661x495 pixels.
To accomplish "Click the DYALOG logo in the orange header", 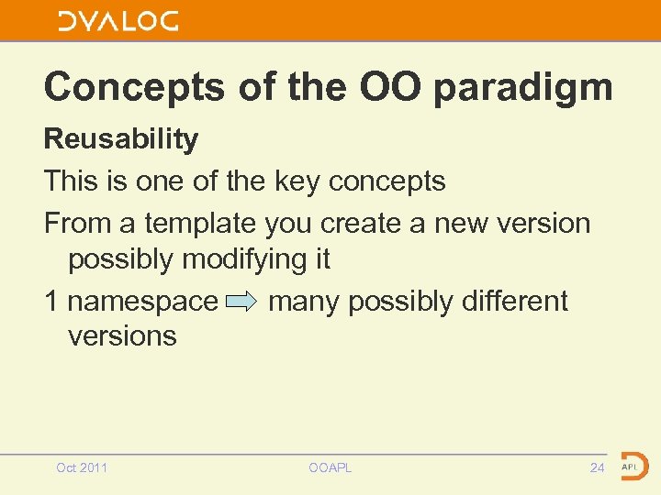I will [x=118, y=21].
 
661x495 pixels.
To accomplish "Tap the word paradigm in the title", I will [x=521, y=88].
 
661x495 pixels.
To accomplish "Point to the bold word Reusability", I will [x=121, y=139].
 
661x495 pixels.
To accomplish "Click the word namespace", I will [x=143, y=301].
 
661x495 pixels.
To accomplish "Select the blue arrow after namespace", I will [x=242, y=302].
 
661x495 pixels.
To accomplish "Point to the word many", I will [x=305, y=301].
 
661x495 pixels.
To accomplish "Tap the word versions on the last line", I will [x=122, y=335].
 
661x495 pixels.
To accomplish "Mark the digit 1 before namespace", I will [x=51, y=301].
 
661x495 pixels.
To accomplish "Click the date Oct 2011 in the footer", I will [x=82, y=468].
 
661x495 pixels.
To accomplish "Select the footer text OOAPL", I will [x=330, y=468].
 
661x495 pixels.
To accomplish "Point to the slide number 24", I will [x=597, y=468].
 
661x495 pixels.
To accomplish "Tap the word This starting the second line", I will [x=71, y=181].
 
